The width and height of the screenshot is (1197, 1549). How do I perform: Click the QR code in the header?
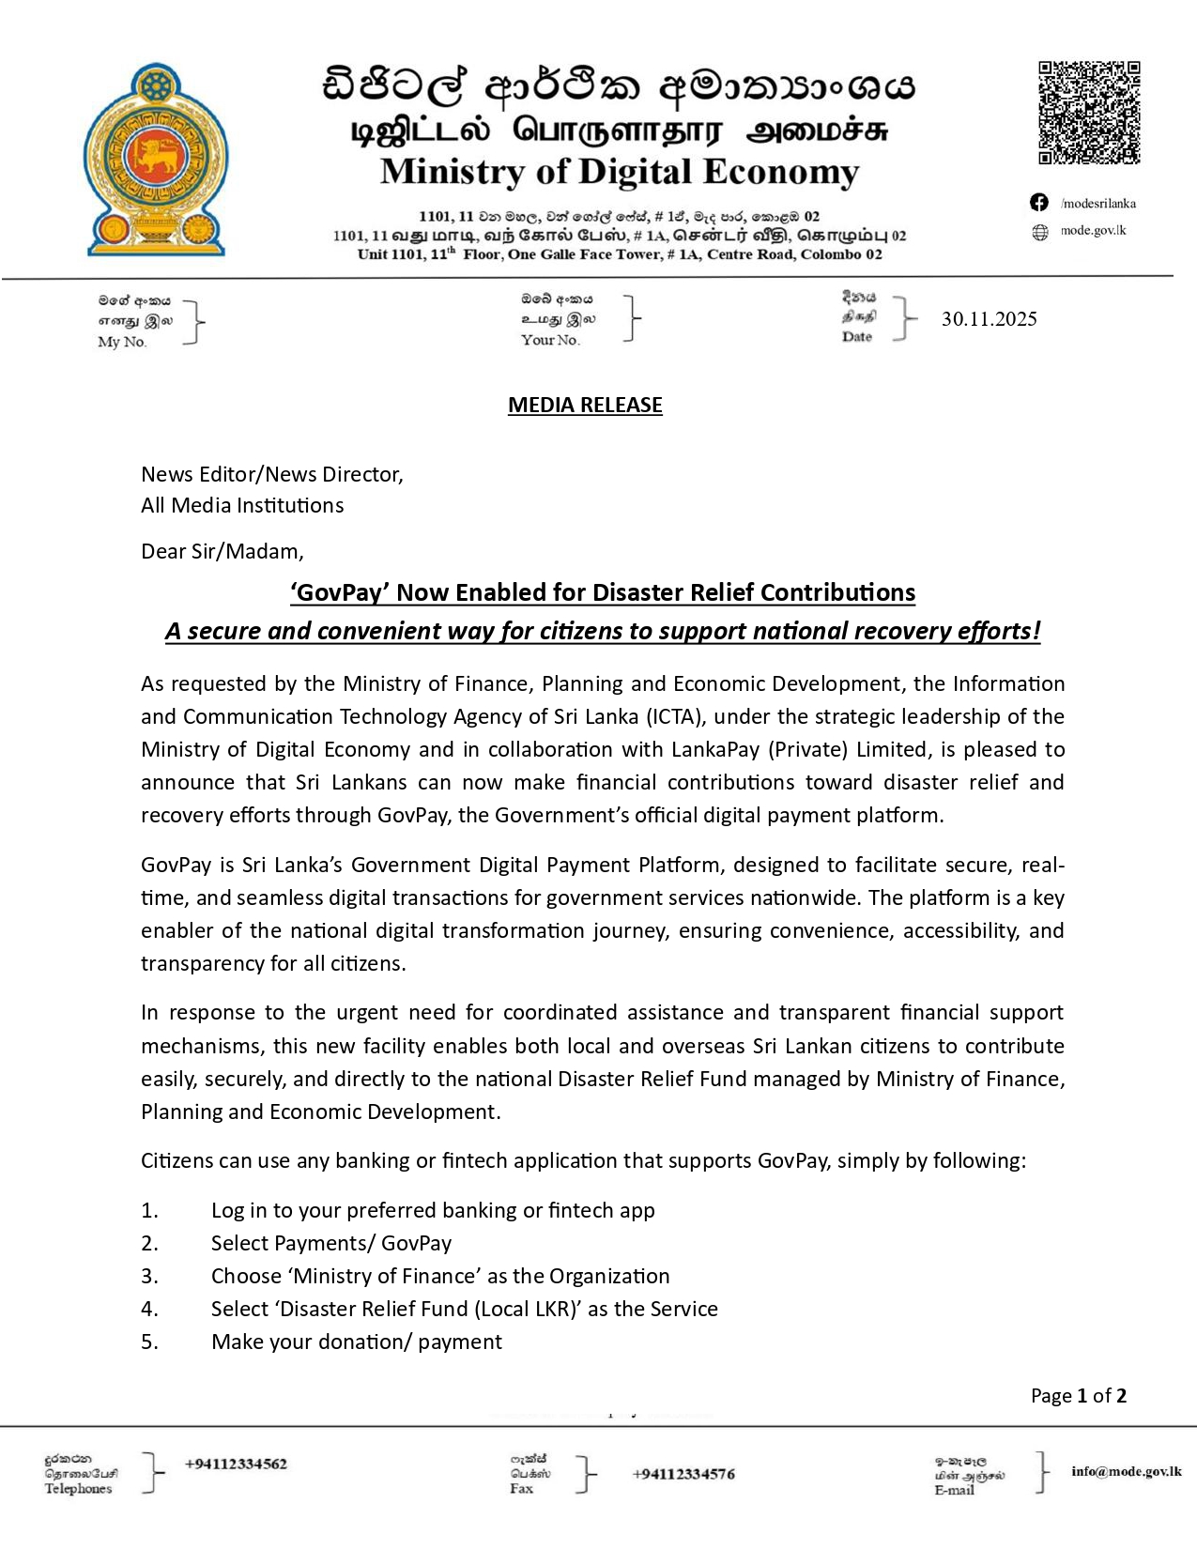tap(1089, 113)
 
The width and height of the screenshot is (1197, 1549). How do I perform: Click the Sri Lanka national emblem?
tap(156, 160)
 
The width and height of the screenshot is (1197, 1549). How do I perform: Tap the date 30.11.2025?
tap(989, 319)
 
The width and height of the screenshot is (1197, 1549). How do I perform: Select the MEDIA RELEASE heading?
tap(585, 405)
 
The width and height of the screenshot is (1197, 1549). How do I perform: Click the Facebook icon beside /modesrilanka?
tap(1039, 203)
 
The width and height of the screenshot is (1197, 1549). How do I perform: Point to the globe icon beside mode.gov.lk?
tap(1040, 232)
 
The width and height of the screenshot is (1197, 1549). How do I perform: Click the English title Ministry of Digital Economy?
tap(619, 172)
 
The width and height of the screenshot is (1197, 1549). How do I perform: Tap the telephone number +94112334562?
tap(236, 1464)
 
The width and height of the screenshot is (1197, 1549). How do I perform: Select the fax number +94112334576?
tap(683, 1474)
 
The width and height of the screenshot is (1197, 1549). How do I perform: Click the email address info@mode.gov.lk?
tap(1126, 1471)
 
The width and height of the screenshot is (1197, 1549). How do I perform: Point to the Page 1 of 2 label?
tap(1078, 1396)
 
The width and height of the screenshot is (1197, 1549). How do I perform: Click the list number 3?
tap(149, 1276)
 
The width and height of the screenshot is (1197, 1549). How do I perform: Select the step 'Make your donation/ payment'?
tap(356, 1342)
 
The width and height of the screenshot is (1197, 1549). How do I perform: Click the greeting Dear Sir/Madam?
tap(223, 551)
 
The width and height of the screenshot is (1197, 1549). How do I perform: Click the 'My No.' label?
tap(122, 342)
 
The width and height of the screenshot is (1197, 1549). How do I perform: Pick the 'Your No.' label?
tap(550, 340)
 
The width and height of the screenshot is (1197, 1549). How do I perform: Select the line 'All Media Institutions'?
tap(242, 505)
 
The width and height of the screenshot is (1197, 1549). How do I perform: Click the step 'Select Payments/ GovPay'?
tap(330, 1243)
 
